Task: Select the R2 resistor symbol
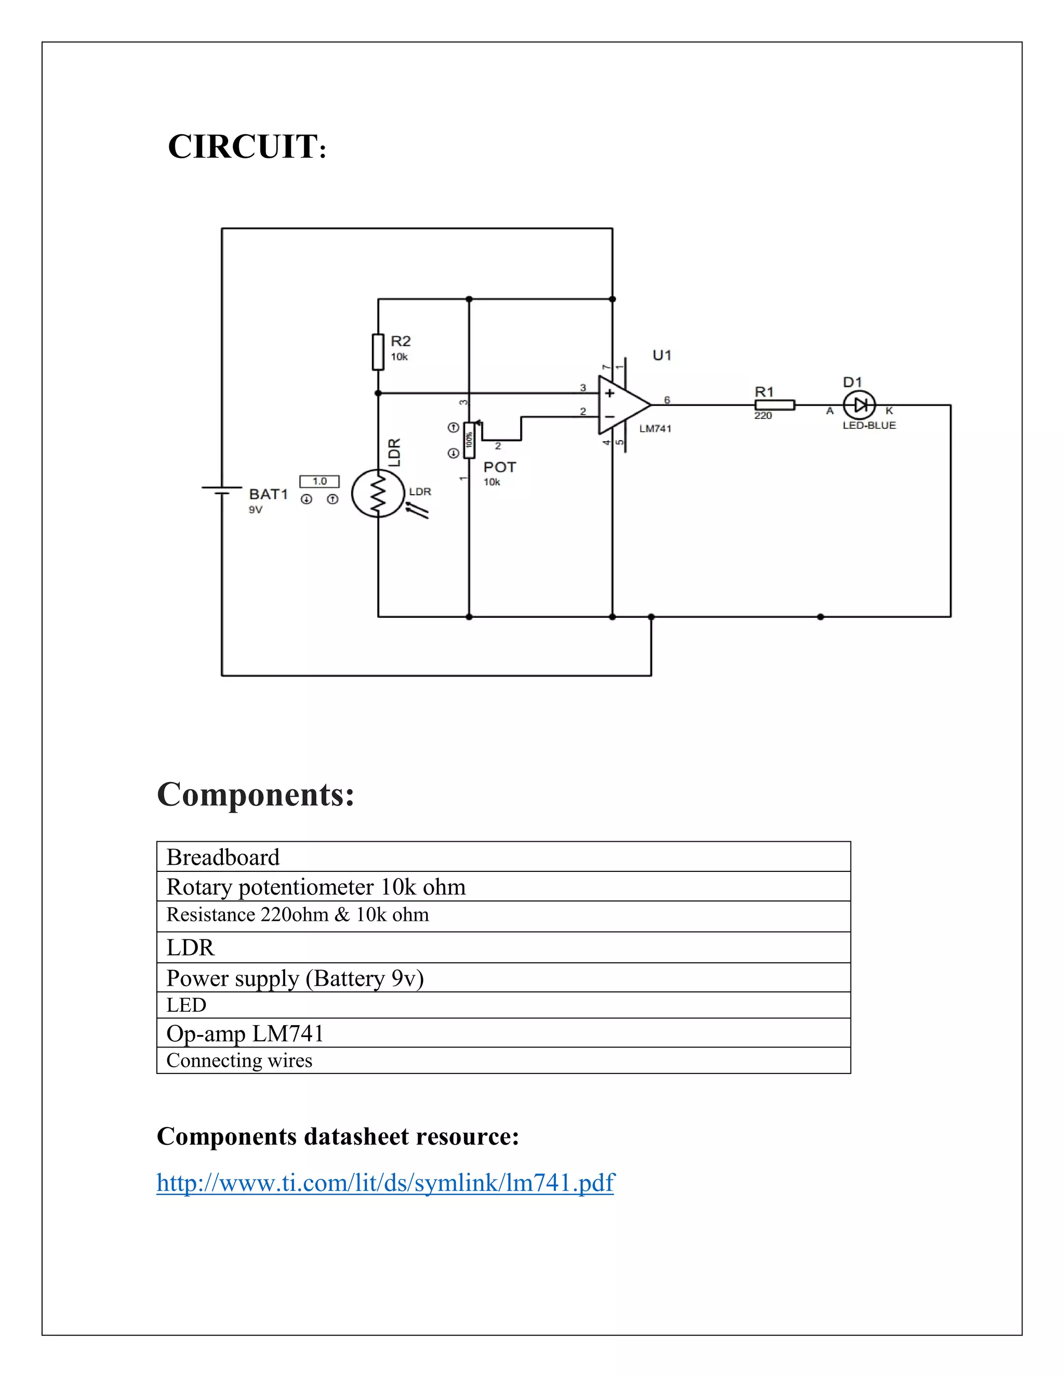(378, 351)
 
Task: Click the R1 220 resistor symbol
(775, 405)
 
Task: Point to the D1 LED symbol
(860, 405)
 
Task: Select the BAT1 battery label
(268, 494)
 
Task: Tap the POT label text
(499, 467)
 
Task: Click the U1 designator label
(662, 355)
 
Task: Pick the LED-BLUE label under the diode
(869, 426)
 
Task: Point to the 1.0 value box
(320, 481)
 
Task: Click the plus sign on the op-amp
(609, 393)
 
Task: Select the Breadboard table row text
(223, 857)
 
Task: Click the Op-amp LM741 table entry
(245, 1034)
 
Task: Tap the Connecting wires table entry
(240, 1061)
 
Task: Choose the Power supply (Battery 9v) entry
(295, 978)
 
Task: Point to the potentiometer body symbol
(469, 440)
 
